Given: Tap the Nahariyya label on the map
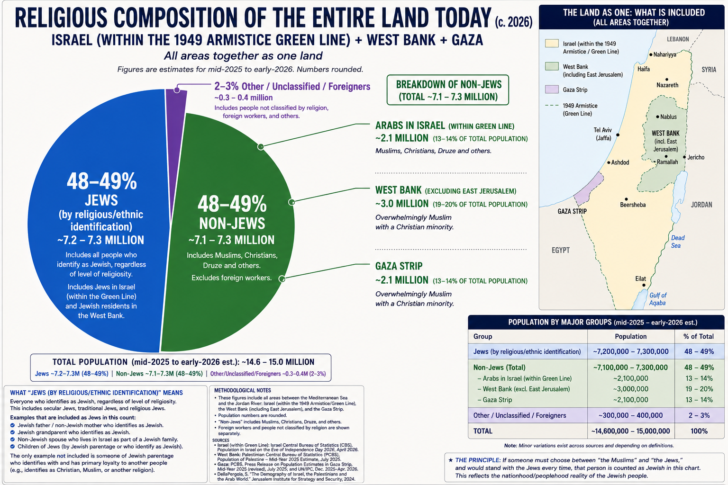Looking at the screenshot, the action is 664,54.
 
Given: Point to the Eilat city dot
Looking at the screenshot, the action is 644,285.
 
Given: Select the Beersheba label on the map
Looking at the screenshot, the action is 633,205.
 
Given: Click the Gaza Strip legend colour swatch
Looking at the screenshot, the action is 552,90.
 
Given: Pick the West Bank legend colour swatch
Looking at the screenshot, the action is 552,66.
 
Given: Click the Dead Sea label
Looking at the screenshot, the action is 678,242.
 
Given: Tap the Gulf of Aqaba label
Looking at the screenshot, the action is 658,299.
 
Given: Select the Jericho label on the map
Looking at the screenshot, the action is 696,157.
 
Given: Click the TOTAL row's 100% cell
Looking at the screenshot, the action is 699,431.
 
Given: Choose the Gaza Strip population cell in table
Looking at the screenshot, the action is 630,400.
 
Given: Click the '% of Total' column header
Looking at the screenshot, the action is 699,336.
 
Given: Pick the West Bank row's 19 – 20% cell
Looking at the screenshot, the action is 699,389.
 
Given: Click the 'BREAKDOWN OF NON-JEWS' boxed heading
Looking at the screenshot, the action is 448,90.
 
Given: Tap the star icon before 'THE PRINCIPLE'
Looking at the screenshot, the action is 450,460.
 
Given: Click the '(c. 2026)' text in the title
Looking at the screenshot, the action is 513,22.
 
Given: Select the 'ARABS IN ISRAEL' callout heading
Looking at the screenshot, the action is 410,126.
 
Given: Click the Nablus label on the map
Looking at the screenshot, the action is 668,117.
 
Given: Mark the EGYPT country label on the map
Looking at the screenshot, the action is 561,250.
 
